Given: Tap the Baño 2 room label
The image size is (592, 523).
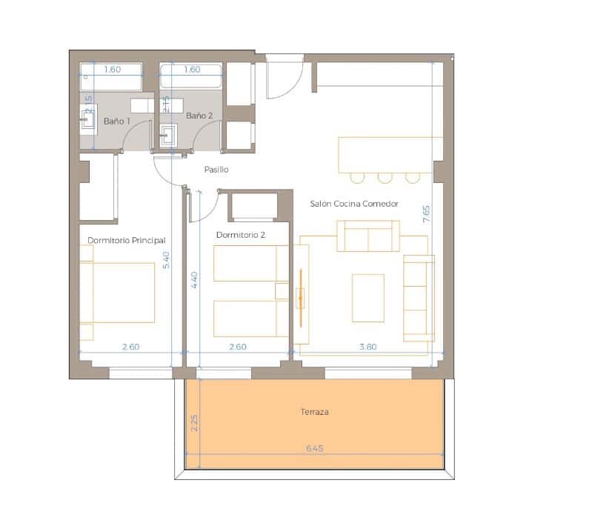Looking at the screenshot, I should [x=199, y=116].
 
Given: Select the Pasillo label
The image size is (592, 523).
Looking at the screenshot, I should [x=216, y=170].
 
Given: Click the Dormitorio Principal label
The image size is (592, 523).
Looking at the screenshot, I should [x=126, y=240].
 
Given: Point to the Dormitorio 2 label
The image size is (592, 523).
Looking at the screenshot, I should [x=241, y=235].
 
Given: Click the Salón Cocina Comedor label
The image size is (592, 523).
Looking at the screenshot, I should [x=355, y=204].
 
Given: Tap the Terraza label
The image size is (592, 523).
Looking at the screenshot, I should [x=315, y=412].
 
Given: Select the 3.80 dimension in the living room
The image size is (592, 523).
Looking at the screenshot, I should [x=368, y=346].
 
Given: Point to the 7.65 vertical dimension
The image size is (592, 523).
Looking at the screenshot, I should [x=426, y=214].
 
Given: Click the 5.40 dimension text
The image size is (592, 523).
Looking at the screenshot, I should [x=166, y=260].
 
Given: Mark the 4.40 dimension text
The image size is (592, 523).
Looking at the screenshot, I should [x=194, y=280].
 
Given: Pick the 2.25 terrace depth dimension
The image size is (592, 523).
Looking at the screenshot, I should [x=194, y=423].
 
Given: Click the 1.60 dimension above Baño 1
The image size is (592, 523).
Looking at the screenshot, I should [x=112, y=70].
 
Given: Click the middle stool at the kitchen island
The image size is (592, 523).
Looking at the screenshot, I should [x=385, y=177].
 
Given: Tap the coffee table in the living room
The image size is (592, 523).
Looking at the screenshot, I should [x=367, y=298].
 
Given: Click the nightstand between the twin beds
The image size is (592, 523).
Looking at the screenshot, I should [x=282, y=290].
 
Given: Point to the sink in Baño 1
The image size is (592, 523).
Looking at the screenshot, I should [x=90, y=118].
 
